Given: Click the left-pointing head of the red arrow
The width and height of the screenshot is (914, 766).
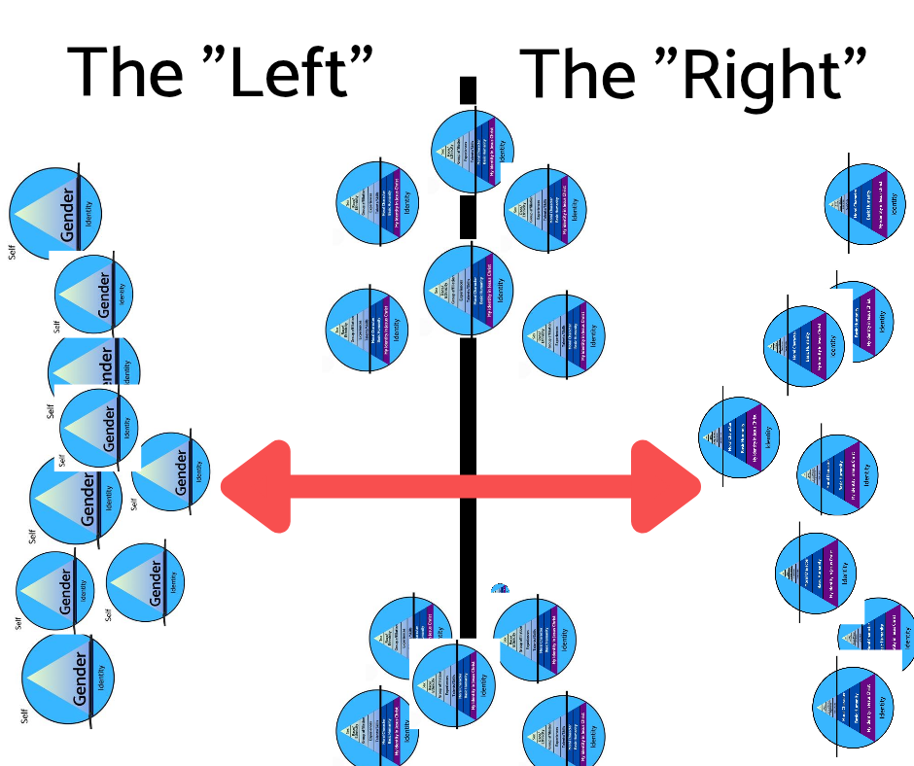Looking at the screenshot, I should coord(256,486).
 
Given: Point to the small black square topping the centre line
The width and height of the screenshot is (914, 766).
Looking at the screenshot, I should coord(468,89).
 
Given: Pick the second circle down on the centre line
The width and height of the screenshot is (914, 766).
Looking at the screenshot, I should coord(469,290).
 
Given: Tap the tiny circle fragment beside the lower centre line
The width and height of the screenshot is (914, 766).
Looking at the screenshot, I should coord(500,588).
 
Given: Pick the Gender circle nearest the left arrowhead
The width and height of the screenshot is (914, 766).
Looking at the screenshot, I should coord(171,470).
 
